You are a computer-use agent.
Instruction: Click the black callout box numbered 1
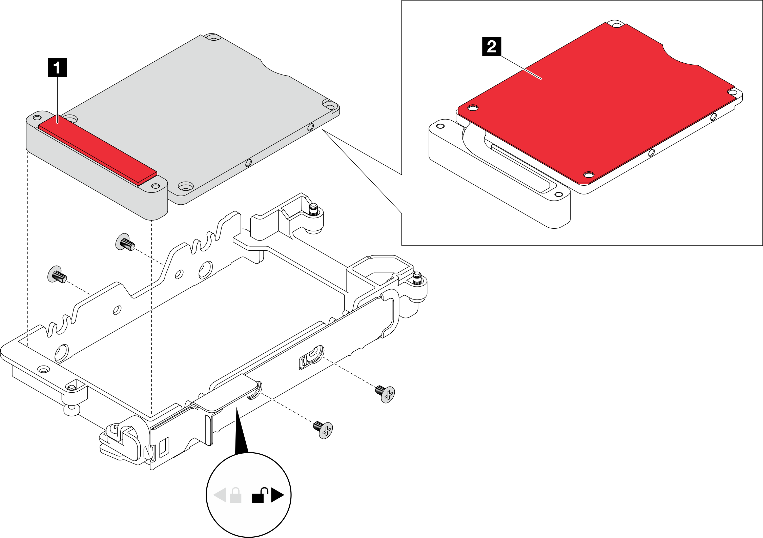coord(57,67)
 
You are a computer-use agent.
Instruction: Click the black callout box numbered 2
coord(491,46)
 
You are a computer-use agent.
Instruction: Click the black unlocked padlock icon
coord(260,495)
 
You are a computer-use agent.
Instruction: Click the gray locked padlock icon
coord(235,495)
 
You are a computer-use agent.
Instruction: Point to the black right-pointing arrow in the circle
coord(277,495)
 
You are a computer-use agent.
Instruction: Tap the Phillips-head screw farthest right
coord(386,394)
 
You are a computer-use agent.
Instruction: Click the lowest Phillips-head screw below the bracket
coord(324,430)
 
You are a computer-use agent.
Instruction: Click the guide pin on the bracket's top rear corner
coord(313,209)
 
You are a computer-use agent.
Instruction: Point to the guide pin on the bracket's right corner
coord(417,278)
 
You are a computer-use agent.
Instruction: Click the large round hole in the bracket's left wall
coord(205,270)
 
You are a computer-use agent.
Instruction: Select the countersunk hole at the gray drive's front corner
coord(185,186)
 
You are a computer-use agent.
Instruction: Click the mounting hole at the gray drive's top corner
coord(213,37)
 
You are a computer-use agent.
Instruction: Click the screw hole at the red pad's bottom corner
coord(589,175)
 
